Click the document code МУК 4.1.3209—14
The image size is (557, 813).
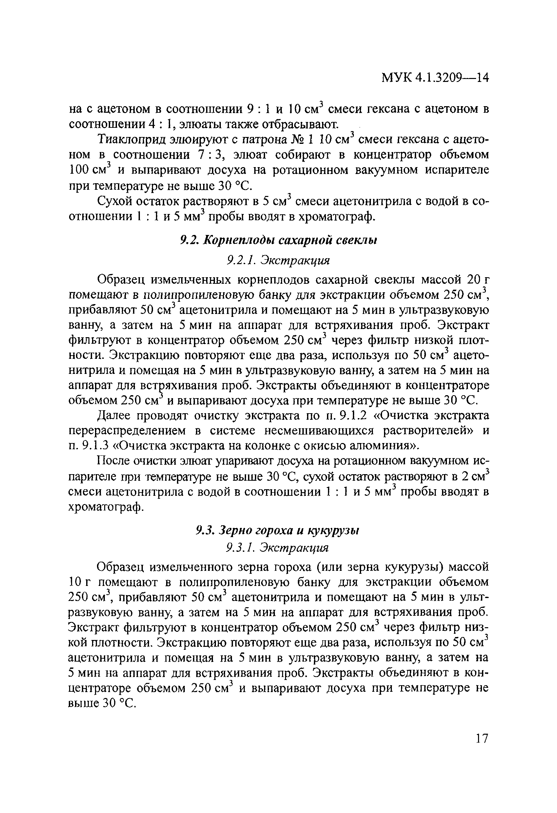(x=434, y=78)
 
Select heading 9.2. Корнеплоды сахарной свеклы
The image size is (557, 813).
(x=278, y=240)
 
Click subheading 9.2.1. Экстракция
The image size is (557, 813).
(x=278, y=260)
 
